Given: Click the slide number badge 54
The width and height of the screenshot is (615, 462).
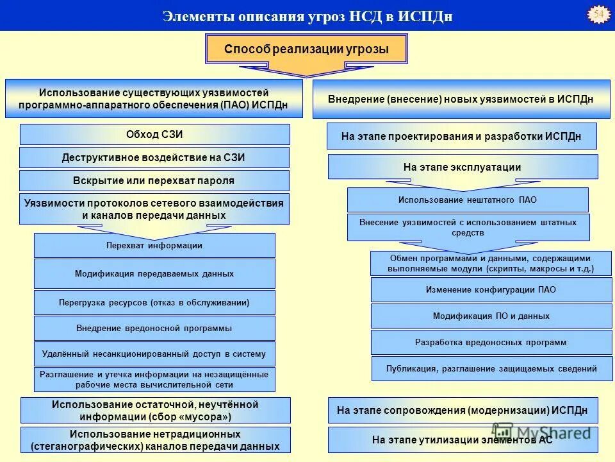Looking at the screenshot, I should click(599, 15).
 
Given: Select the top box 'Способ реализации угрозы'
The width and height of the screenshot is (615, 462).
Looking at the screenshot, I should click(306, 49).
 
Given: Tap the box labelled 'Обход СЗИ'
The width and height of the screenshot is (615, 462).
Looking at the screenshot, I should click(154, 134).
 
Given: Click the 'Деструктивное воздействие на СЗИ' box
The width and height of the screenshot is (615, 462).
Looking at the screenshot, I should click(154, 157).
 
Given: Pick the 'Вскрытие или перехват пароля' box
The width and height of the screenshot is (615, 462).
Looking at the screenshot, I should click(154, 180).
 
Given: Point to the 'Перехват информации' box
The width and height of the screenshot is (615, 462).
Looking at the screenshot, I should click(154, 245).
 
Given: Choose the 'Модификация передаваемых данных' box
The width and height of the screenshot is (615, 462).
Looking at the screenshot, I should click(154, 273).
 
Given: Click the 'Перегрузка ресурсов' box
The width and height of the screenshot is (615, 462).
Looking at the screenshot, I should click(154, 302).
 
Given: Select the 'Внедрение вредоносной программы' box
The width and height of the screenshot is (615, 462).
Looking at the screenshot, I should click(154, 328).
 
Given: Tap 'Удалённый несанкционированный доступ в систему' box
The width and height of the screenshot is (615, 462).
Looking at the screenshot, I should click(154, 354).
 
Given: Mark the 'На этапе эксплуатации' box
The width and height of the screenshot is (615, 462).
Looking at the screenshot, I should click(462, 167).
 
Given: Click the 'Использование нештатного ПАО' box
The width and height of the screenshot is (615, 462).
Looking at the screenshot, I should click(468, 200).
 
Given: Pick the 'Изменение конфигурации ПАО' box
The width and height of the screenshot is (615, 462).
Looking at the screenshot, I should click(491, 289).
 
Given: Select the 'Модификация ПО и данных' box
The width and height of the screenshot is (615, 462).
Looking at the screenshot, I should click(491, 316).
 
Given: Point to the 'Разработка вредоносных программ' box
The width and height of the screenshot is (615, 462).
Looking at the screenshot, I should click(491, 342).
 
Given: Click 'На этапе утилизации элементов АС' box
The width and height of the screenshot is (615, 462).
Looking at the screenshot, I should click(462, 440).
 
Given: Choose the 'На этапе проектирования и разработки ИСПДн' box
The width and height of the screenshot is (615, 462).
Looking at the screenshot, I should click(461, 136).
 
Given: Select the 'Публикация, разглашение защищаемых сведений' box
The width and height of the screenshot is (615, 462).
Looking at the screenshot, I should click(491, 368).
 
